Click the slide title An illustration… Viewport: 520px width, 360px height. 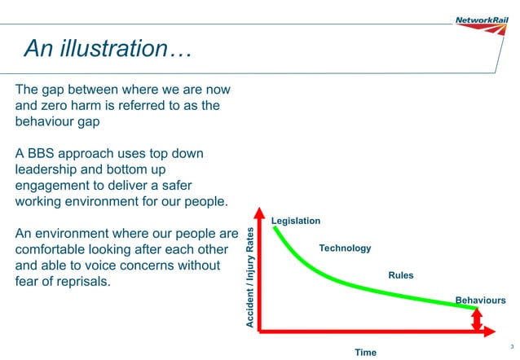[107, 49]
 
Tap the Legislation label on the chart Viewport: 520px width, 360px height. [295, 221]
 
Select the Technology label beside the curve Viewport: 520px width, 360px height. [345, 248]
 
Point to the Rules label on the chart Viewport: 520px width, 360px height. [401, 275]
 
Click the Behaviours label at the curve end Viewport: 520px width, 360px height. [480, 301]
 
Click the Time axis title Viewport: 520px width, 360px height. [365, 352]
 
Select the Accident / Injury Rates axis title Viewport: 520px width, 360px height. [250, 278]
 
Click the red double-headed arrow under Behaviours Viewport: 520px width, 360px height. [477, 319]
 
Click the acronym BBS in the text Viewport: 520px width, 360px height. [46, 154]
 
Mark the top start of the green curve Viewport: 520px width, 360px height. [274, 228]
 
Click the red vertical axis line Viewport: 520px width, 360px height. [259, 277]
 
